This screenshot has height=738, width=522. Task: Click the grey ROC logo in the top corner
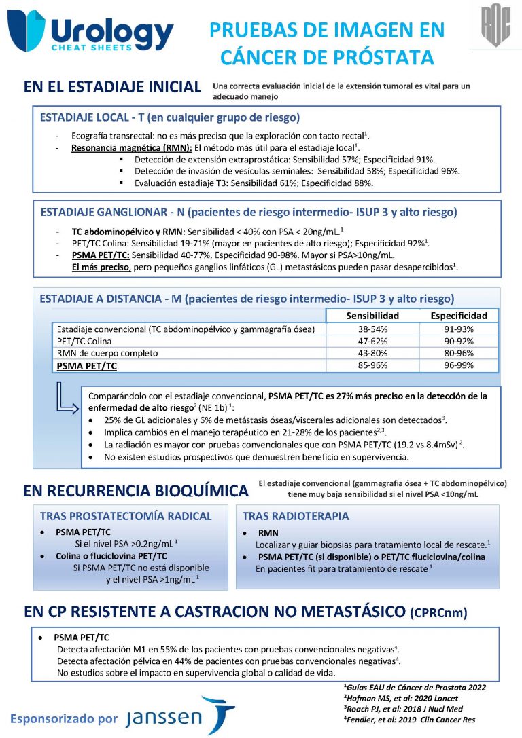pyautogui.click(x=495, y=25)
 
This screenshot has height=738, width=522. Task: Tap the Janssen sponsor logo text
pyautogui.click(x=163, y=717)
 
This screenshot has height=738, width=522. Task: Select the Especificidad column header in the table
pyautogui.click(x=459, y=316)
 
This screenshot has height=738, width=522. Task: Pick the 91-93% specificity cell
pyautogui.click(x=459, y=329)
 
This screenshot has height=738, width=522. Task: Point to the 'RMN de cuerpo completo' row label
pyautogui.click(x=107, y=353)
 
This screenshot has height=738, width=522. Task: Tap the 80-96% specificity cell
pyautogui.click(x=459, y=353)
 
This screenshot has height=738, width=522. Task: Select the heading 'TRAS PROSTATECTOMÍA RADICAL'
pyautogui.click(x=126, y=516)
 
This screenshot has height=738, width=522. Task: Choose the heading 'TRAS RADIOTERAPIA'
pyautogui.click(x=296, y=516)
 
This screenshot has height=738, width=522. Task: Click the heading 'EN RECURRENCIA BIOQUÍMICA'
pyautogui.click(x=136, y=490)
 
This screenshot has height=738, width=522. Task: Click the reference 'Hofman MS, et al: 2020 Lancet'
pyautogui.click(x=401, y=698)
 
